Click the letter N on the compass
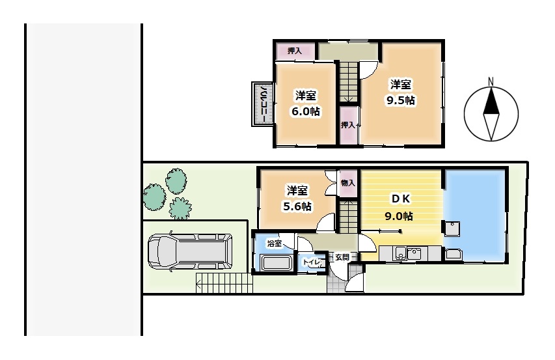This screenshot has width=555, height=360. [x=491, y=81]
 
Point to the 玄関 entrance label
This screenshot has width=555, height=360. [x=342, y=257]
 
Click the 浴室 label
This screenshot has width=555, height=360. [x=275, y=244]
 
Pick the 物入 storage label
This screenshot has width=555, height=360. [x=348, y=183]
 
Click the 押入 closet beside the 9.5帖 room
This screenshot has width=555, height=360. [x=348, y=125]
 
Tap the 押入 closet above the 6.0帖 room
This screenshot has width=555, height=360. [x=295, y=51]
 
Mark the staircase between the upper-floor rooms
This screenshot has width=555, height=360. [x=348, y=81]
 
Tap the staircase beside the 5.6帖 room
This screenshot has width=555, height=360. [x=348, y=215]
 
